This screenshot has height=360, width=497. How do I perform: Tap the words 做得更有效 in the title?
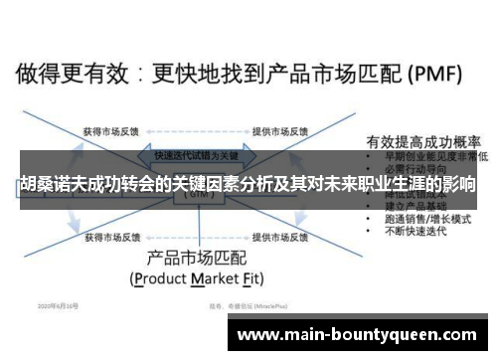pos(65,74)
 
